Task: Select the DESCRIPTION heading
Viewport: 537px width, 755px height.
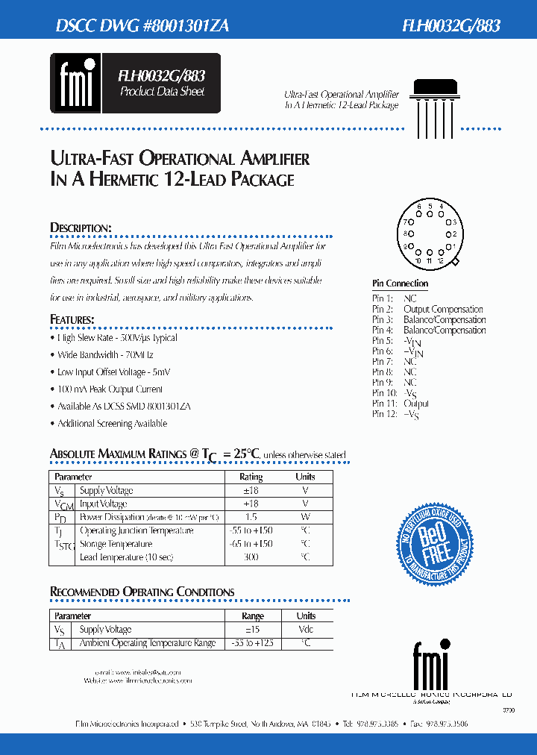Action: pos(81,228)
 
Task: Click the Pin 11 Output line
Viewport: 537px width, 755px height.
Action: pos(401,404)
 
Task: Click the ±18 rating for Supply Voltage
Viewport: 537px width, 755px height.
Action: pos(251,490)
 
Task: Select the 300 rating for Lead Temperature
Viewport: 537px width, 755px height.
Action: pos(251,557)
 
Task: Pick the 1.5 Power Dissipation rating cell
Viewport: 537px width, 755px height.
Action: pos(251,517)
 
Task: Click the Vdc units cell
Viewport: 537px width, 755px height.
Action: pos(306,630)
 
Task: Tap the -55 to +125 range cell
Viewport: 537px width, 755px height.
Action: pos(253,643)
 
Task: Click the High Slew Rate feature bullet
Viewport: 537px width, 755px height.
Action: pos(117,338)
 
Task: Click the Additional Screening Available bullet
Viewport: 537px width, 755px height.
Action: pos(112,424)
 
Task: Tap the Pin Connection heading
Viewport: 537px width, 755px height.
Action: pos(400,283)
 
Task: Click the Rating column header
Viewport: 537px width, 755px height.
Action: pos(251,477)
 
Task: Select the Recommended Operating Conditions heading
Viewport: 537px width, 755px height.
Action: pos(142,592)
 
